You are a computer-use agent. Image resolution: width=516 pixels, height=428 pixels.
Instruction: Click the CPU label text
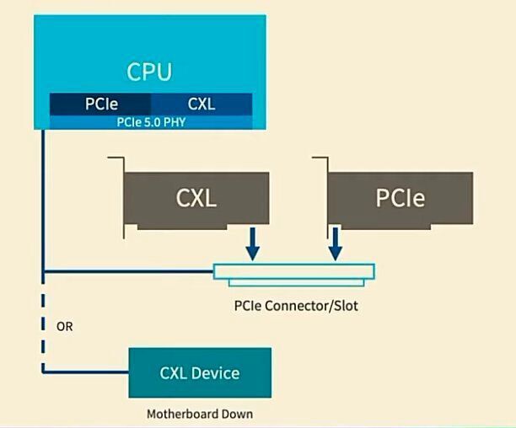tap(149, 71)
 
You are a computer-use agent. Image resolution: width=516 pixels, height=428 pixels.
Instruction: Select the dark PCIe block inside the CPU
tap(100, 104)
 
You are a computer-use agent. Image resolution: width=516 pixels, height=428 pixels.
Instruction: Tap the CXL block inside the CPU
tap(202, 104)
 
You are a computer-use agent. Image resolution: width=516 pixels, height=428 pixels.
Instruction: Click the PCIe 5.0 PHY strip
tap(151, 121)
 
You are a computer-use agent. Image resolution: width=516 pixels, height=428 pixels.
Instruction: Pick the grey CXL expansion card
tap(196, 200)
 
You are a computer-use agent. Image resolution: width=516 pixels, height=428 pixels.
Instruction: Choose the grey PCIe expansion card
tap(400, 200)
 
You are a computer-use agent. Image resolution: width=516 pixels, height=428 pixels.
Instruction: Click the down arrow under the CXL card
tap(252, 244)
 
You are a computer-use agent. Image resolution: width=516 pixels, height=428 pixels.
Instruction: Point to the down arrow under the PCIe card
tap(336, 244)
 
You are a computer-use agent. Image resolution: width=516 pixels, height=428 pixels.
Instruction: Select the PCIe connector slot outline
tap(293, 272)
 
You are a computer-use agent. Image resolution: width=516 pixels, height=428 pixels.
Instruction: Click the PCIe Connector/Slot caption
tap(295, 305)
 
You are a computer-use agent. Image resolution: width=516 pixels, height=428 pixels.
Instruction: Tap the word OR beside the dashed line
tap(64, 326)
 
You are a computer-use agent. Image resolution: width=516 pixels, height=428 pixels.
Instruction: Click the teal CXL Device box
tap(200, 372)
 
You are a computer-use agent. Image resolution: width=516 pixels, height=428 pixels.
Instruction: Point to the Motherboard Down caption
tap(200, 414)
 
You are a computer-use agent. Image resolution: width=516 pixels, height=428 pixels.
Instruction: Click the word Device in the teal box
tap(218, 372)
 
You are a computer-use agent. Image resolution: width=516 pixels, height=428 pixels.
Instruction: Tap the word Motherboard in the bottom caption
tap(182, 414)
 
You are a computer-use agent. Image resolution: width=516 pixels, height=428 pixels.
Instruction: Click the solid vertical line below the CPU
tap(43, 202)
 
